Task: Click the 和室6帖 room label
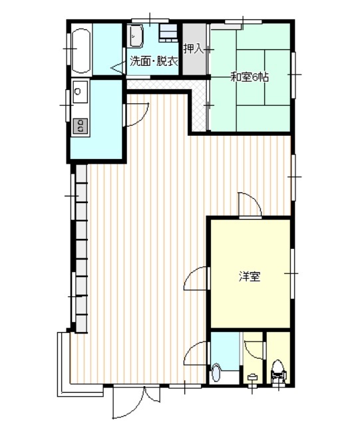coord(250,77)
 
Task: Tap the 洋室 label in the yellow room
coord(250,276)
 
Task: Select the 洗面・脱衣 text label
coord(154,61)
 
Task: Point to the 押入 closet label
coord(193,49)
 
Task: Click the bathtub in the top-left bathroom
coord(81,51)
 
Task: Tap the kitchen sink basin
coord(81,91)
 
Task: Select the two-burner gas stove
coord(81,126)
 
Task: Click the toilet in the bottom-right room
coord(279,371)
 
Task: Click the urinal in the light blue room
coord(216,373)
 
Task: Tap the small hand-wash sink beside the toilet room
coord(252,377)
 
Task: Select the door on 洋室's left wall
coord(196,278)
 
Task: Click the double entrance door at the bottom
coord(136,402)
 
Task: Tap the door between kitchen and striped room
coord(136,114)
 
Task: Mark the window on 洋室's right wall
coord(293,273)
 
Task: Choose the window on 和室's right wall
coord(293,75)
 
